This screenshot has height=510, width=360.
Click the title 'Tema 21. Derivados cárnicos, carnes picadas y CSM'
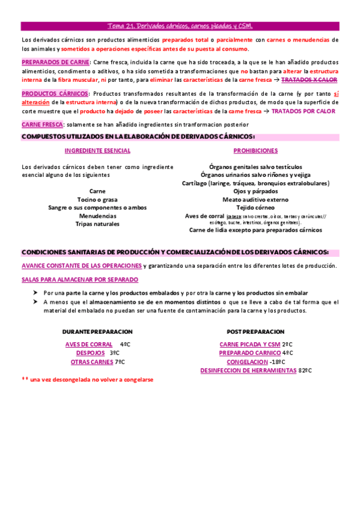[180, 26]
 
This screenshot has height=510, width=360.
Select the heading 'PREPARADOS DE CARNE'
[55, 62]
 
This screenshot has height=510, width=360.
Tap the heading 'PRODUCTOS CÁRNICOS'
[55, 94]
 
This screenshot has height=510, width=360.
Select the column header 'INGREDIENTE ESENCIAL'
[97, 150]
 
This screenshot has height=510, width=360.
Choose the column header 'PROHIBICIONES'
[255, 150]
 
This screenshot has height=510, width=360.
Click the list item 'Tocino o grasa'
[97, 199]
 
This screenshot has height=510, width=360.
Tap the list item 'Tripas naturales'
[97, 224]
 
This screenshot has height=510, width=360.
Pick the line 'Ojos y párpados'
[255, 191]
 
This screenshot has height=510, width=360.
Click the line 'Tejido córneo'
[255, 207]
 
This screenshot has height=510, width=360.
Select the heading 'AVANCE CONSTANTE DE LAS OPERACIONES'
[82, 266]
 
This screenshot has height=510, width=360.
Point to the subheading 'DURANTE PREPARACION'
[97, 332]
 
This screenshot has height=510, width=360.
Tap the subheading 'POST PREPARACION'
[255, 332]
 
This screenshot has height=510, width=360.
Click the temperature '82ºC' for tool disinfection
[305, 371]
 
